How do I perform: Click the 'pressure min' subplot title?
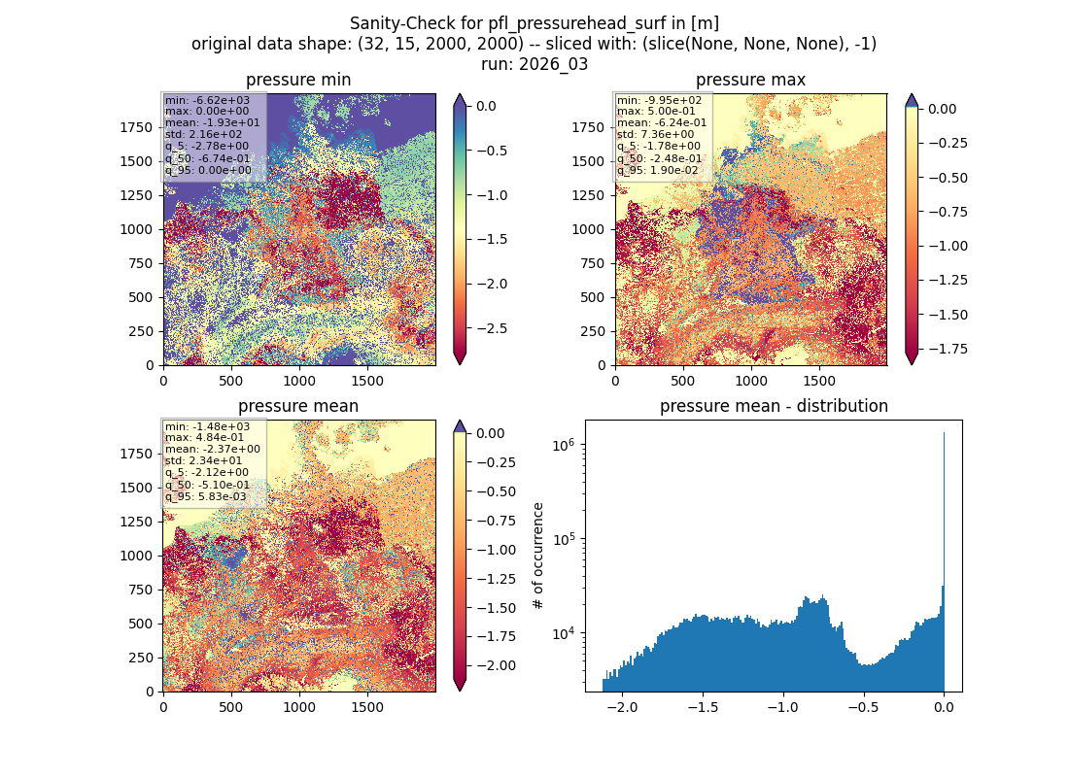[x=298, y=80]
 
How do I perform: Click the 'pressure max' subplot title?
[x=750, y=80]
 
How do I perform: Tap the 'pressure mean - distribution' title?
[x=774, y=406]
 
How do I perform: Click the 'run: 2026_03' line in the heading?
[x=534, y=64]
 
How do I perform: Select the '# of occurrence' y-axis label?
[x=538, y=556]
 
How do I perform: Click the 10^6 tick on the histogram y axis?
[x=564, y=445]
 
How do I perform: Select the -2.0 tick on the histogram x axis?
[x=622, y=707]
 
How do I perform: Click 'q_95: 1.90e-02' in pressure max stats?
[x=657, y=170]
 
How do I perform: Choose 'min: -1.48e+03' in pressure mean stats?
[x=207, y=426]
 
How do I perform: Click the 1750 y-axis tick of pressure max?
[x=588, y=127]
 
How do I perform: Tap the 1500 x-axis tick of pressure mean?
[x=366, y=707]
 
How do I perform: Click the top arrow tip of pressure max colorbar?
[x=912, y=94]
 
